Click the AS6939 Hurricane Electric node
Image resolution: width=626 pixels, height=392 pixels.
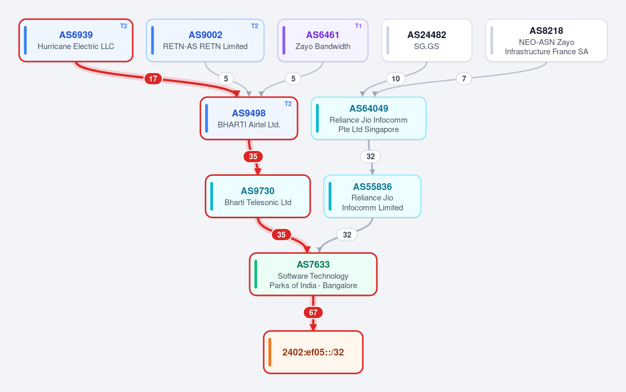(x=76, y=40)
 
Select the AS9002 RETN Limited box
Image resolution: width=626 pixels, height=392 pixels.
(x=205, y=40)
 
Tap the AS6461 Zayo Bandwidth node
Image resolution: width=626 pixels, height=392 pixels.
(x=323, y=40)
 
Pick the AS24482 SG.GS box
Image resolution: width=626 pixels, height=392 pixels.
(x=427, y=40)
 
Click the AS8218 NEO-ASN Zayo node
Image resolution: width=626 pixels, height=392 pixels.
(x=546, y=40)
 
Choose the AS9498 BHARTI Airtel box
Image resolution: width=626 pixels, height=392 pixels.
(x=249, y=118)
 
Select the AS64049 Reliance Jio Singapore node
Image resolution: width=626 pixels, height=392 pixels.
(x=369, y=118)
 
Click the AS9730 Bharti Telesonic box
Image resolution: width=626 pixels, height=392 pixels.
(x=258, y=196)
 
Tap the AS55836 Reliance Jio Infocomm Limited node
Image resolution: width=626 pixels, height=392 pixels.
(x=372, y=196)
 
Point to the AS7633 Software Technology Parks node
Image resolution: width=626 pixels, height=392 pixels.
(x=313, y=274)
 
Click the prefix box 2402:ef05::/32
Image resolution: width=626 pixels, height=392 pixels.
(x=313, y=352)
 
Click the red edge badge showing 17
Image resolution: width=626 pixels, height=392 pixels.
(x=153, y=79)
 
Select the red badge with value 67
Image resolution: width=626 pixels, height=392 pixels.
(x=313, y=313)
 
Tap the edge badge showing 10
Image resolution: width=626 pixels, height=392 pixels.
(x=396, y=79)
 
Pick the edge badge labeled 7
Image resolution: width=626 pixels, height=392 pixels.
(x=464, y=79)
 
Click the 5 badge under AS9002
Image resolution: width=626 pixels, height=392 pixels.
(x=226, y=79)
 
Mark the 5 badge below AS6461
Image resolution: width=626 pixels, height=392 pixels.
(x=293, y=79)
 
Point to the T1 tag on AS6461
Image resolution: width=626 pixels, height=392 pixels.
(x=358, y=26)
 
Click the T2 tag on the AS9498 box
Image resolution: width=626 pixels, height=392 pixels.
(x=288, y=104)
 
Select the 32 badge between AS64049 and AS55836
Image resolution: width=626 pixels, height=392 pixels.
(x=371, y=157)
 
